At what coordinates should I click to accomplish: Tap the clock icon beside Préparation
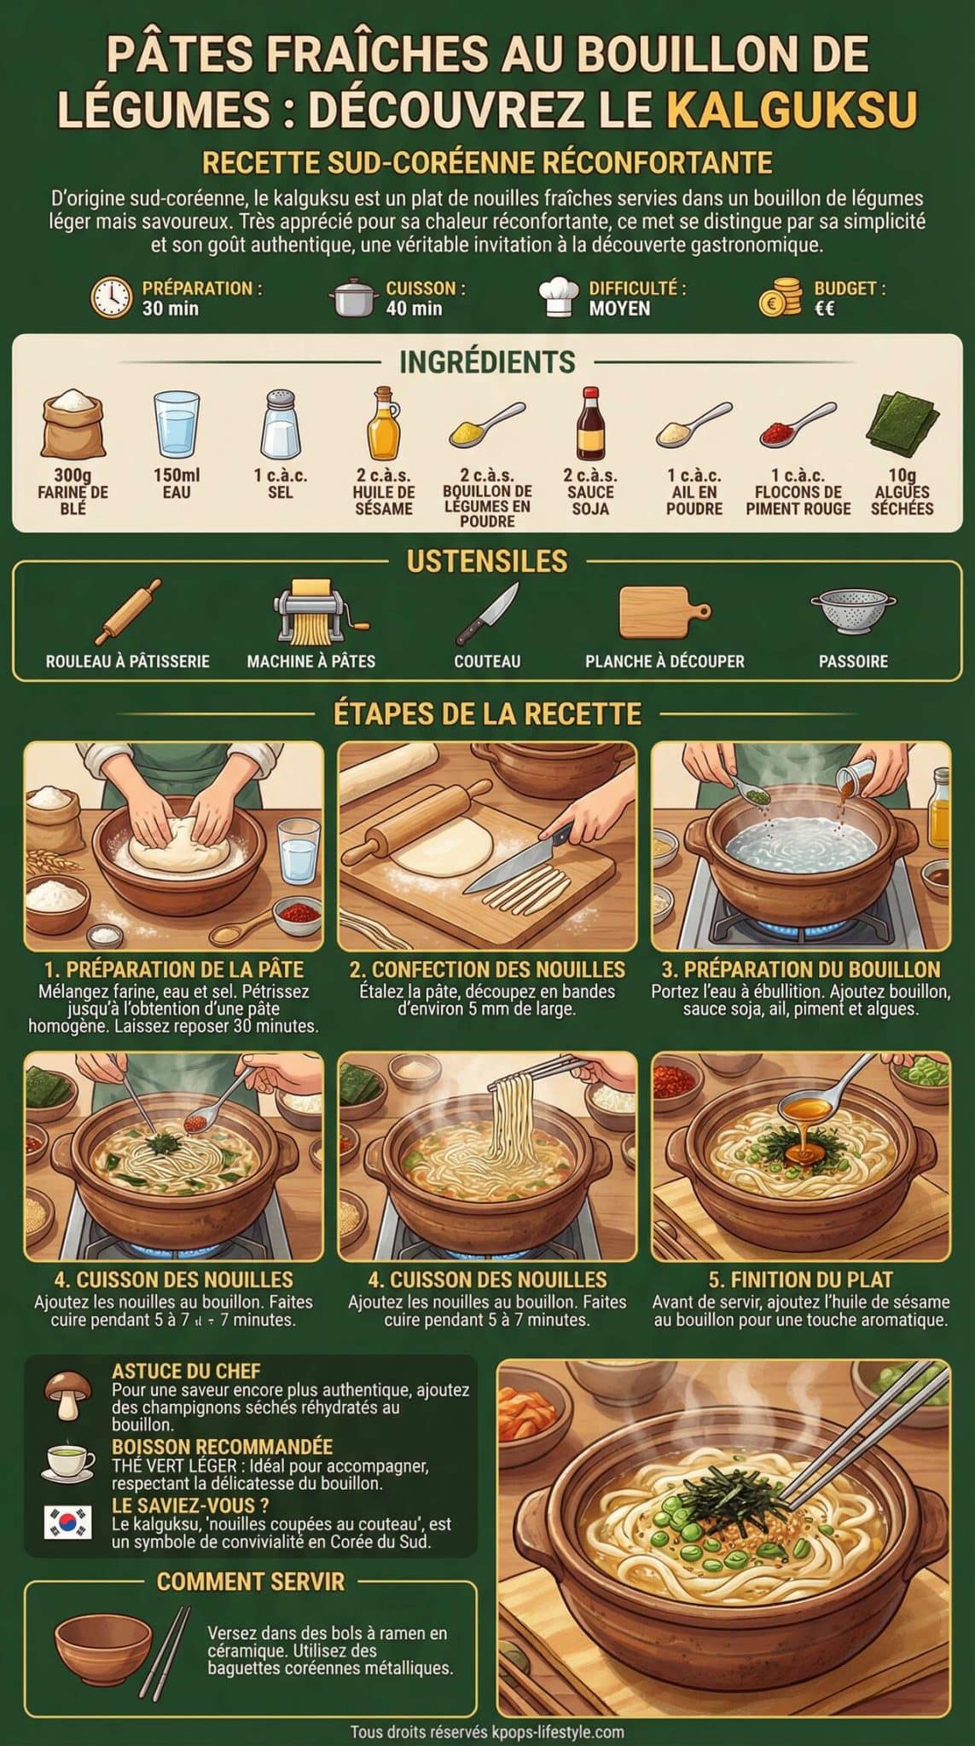(x=112, y=298)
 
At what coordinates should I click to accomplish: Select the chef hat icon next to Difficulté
(x=560, y=298)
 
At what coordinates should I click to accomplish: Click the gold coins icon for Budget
(x=781, y=298)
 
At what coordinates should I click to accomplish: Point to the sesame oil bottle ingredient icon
(x=383, y=424)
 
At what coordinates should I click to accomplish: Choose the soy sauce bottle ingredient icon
(x=589, y=424)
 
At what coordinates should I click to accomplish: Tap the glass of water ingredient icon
(x=177, y=424)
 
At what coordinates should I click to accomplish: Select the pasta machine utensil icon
(x=311, y=611)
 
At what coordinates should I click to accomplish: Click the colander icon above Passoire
(x=853, y=611)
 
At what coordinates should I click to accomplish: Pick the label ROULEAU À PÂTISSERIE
(x=128, y=662)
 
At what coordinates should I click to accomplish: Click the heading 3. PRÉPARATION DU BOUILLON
(x=801, y=969)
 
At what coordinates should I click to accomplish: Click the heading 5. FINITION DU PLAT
(x=800, y=1280)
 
